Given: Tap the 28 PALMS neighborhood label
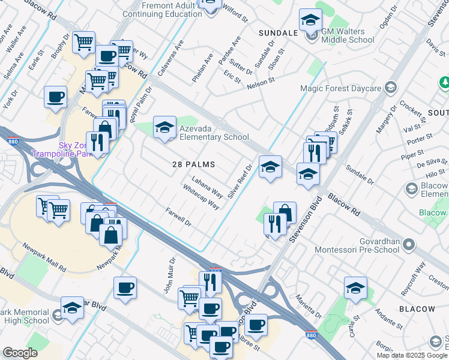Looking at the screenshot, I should coord(193,164).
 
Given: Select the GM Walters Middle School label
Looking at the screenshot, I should coord(348,35).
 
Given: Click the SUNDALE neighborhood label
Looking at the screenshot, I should coord(277,32).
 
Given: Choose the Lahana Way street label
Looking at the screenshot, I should coord(207,187).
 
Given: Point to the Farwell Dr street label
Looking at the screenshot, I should coord(179,217).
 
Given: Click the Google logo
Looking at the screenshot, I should coord(20,353).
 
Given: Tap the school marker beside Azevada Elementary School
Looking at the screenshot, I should coord(164,128).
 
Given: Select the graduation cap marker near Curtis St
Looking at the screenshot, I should coord(355,288).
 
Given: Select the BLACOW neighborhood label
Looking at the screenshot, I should coord(417,309).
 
